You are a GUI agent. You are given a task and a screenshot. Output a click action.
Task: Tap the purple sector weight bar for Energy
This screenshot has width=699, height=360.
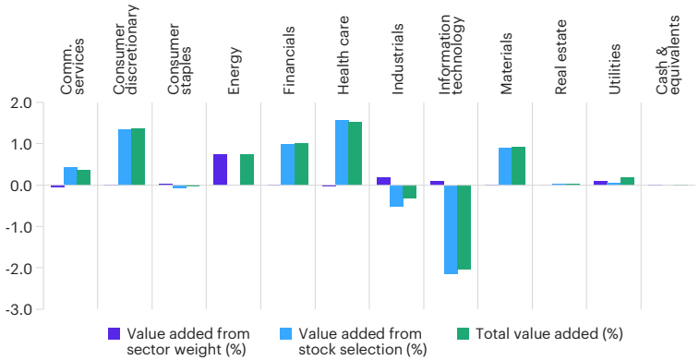tap(220, 170)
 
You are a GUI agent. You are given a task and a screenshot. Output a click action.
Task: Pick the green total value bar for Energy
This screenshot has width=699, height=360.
tap(247, 170)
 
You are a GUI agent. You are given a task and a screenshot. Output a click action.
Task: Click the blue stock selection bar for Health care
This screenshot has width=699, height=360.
tap(342, 153)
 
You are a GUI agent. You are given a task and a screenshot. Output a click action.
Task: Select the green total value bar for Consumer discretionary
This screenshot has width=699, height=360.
tap(138, 157)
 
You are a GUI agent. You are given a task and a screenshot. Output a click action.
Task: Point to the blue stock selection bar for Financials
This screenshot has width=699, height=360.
tap(287, 164)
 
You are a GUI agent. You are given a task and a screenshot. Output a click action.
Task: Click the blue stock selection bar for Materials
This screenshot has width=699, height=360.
tap(505, 166)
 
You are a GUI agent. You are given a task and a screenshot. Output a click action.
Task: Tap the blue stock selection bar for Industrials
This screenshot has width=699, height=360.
tap(396, 196)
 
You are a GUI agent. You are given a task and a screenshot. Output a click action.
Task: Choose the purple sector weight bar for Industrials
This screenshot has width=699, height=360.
tap(382, 181)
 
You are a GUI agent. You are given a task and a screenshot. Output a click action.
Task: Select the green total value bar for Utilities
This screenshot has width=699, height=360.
tap(627, 181)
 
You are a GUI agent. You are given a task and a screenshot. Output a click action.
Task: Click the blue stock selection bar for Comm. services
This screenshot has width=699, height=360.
tap(70, 176)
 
